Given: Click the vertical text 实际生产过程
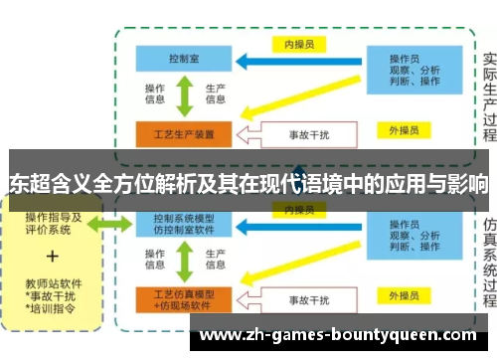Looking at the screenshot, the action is tap(488, 94).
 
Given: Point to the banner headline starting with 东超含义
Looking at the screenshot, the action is tap(248, 184).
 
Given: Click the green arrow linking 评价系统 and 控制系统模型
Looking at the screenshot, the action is tap(111, 225).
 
